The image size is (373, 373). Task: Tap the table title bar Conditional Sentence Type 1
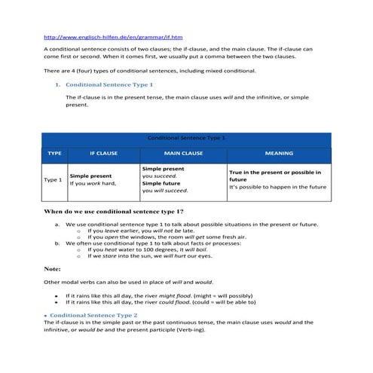tap(186, 139)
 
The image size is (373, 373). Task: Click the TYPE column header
tap(54, 153)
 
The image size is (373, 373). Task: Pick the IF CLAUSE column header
tap(103, 153)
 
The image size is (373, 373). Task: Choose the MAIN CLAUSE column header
tap(183, 153)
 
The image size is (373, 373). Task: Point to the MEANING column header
tap(279, 153)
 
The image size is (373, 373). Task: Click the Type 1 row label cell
tap(53, 180)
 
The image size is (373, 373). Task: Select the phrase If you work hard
tap(92, 183)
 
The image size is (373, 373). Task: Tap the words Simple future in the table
tap(163, 183)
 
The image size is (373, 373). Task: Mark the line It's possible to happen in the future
tap(277, 187)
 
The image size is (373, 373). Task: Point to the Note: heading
tap(53, 268)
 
